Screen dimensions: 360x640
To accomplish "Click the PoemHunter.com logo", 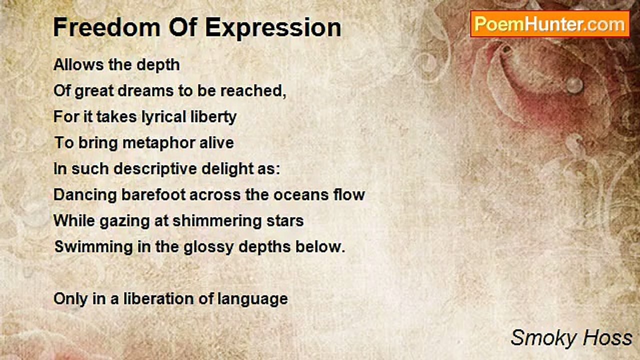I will point(549,24).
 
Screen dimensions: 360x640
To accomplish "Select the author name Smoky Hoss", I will point(571,338).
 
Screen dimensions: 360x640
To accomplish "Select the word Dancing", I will point(85,195).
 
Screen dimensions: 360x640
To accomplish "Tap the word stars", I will point(286,221).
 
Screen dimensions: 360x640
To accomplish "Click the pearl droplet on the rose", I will point(574,85).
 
